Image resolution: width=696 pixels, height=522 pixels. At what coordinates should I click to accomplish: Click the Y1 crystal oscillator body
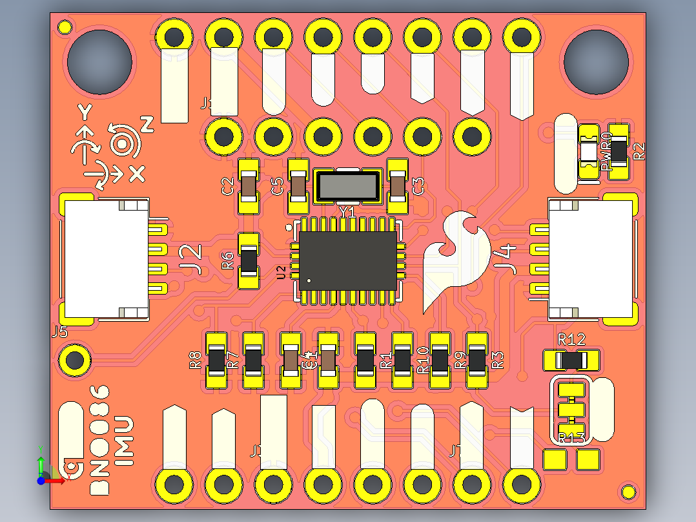pos(347,186)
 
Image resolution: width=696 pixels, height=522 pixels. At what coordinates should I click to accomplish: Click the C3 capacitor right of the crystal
pos(398,186)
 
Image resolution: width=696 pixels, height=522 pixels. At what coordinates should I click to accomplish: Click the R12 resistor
pos(572,360)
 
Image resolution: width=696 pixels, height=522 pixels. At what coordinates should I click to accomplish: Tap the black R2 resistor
pos(619,152)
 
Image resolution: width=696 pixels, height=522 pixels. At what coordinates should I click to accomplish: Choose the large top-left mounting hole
pos(101,61)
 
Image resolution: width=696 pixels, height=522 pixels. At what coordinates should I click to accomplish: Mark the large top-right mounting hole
pos(596,61)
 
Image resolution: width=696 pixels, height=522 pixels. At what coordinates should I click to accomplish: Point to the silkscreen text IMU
pos(123,441)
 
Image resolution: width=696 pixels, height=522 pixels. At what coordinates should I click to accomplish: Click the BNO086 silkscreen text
pos(101,440)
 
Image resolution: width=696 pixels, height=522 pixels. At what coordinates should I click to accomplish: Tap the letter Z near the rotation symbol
pos(147,125)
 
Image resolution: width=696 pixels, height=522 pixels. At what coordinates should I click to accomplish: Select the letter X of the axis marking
pos(137,173)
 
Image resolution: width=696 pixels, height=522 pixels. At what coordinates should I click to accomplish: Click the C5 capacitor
pos(298,187)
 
